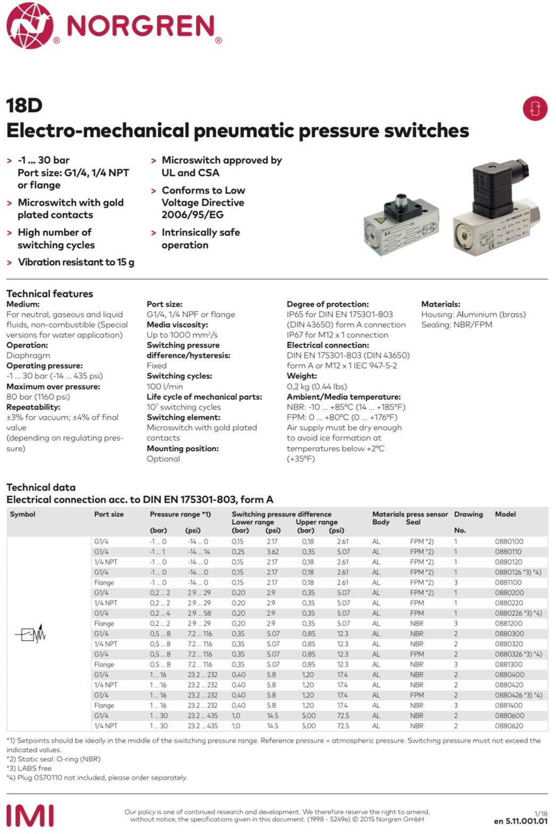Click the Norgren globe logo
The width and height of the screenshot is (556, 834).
[30, 26]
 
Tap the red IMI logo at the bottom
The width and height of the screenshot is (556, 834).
[30, 815]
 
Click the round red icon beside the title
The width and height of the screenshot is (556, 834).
[535, 108]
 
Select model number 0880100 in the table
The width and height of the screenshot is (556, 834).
[509, 541]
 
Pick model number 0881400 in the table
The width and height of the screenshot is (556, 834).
[509, 705]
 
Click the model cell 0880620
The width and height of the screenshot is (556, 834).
[509, 725]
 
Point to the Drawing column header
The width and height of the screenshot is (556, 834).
[468, 514]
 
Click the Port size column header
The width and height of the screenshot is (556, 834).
[109, 514]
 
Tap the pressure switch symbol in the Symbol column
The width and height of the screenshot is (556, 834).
[30, 633]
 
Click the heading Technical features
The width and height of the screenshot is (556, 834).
[50, 294]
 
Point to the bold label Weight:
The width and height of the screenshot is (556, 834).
[301, 376]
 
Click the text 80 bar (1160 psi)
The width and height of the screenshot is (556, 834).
[38, 397]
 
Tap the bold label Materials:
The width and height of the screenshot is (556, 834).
[440, 304]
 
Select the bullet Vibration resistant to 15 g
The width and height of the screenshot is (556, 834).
[76, 262]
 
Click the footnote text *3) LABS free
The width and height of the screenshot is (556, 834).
[29, 768]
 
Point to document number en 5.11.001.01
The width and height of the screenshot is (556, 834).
[520, 821]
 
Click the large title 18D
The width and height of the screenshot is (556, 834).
[24, 105]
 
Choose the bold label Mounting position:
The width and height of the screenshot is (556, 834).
[182, 448]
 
